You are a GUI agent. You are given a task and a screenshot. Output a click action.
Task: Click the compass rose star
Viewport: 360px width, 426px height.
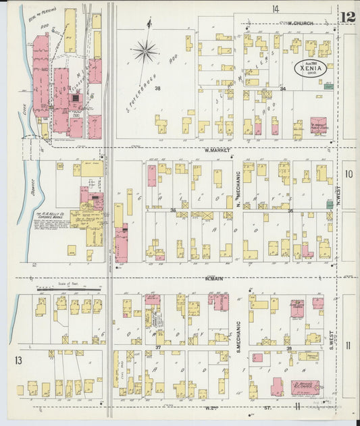coord(145,51)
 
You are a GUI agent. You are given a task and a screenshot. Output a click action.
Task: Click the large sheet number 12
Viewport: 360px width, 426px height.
coord(349,17)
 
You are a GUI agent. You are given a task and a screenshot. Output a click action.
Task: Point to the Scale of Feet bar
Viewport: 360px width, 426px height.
coord(68,289)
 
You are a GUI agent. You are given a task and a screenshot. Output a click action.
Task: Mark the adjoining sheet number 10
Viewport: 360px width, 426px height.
coord(349,174)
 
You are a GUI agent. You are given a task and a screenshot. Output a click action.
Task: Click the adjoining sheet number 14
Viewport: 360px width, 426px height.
coord(275,9)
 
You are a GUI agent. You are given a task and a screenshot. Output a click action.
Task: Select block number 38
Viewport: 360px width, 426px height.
coord(157,88)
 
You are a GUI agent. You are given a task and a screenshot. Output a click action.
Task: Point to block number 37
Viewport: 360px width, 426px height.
coord(157,348)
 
